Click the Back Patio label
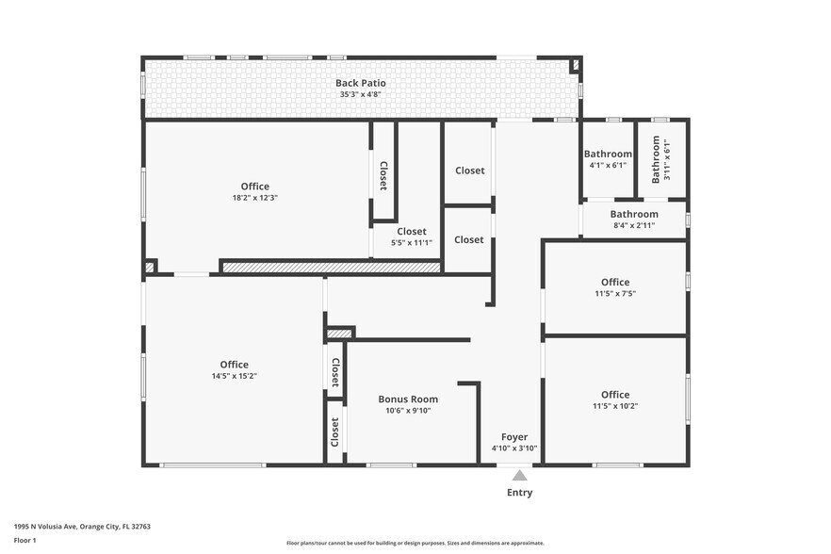(x=360, y=83)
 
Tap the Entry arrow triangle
(x=519, y=477)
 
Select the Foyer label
(x=513, y=436)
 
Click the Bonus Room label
(x=408, y=399)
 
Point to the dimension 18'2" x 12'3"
(x=254, y=198)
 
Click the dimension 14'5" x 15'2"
(x=234, y=376)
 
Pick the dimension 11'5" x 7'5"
(x=615, y=294)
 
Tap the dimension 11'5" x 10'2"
(x=615, y=406)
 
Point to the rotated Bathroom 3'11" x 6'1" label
(x=661, y=158)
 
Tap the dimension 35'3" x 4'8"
(x=360, y=95)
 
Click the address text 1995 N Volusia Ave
(x=82, y=527)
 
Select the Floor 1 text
(x=24, y=540)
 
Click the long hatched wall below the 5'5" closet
(x=331, y=268)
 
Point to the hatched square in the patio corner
(x=576, y=65)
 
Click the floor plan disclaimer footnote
(x=415, y=544)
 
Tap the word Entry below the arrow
(x=519, y=493)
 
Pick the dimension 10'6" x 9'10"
(x=408, y=411)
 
